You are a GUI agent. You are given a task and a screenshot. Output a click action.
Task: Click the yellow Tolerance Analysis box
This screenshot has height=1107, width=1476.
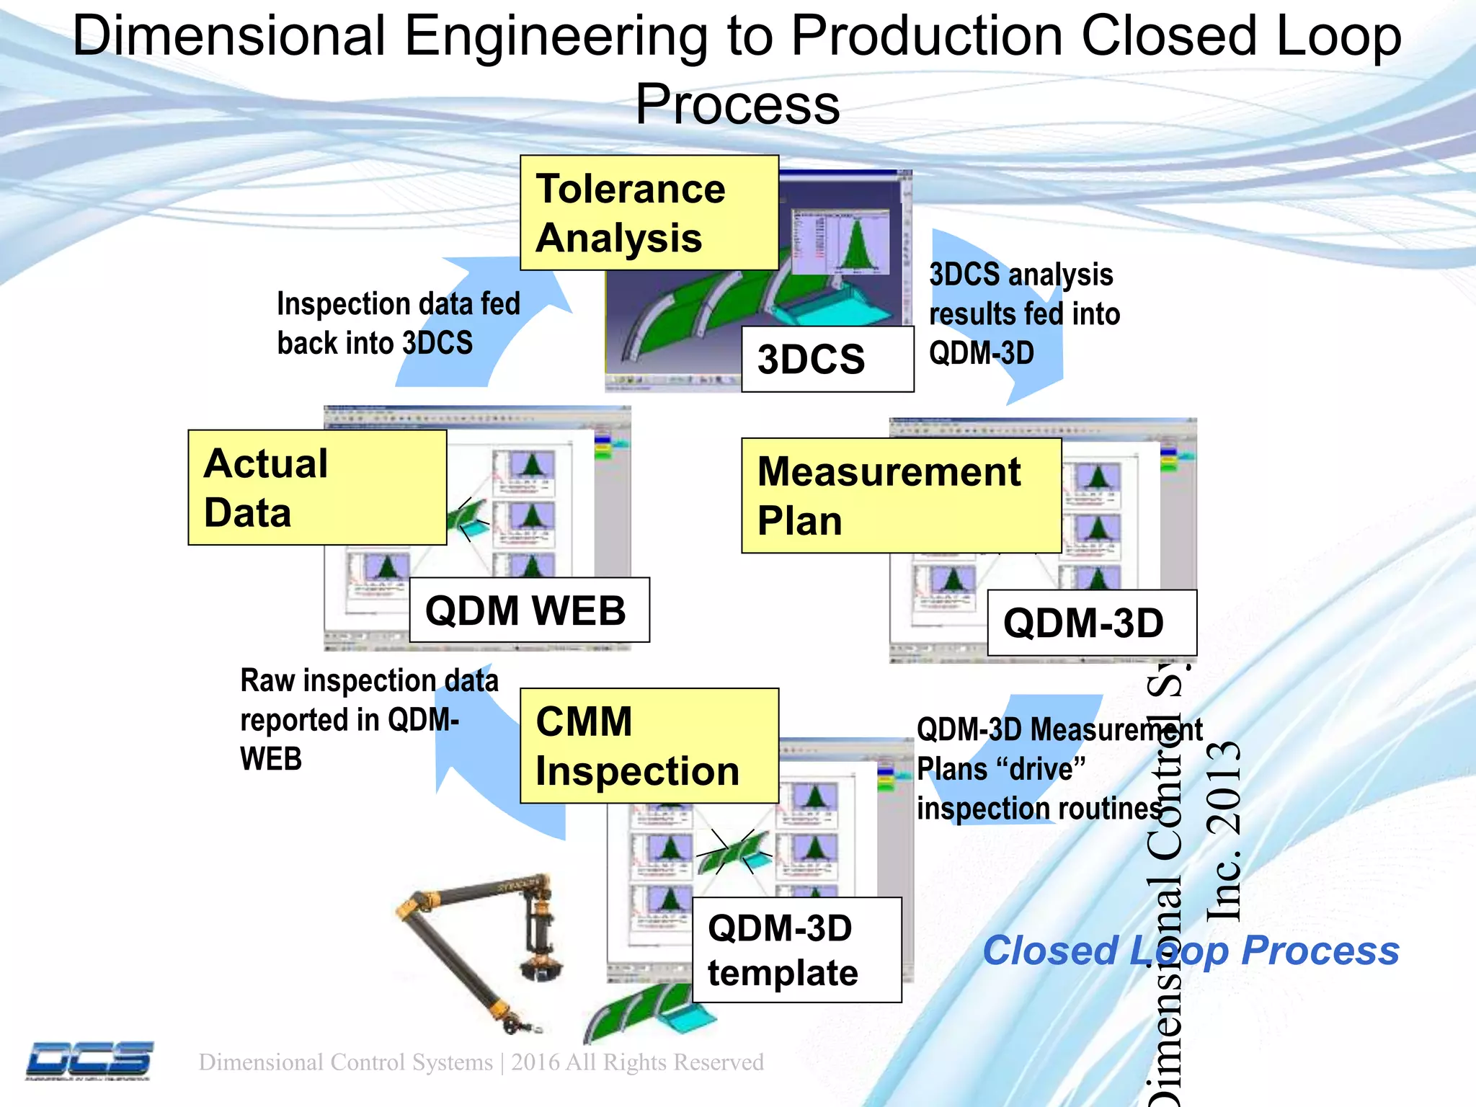[649, 213]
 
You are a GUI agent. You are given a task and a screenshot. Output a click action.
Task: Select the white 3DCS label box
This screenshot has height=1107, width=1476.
[827, 359]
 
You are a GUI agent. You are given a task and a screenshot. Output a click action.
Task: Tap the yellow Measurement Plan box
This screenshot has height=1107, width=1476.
[901, 496]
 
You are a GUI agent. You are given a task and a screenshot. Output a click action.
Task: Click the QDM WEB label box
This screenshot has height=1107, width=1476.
[528, 610]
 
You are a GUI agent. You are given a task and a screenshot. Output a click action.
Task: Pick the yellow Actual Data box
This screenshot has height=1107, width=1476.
[317, 487]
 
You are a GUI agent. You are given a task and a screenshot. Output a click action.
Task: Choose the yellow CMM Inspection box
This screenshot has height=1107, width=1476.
[649, 746]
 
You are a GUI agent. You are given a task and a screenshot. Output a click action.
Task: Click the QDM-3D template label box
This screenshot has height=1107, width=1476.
[796, 950]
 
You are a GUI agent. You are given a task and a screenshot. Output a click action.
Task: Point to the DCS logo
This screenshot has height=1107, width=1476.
[90, 1060]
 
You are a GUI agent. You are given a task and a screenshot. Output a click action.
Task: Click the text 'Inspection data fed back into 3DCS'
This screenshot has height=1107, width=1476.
[398, 323]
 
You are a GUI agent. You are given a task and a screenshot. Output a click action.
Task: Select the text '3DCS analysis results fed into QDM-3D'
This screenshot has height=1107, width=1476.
[1023, 314]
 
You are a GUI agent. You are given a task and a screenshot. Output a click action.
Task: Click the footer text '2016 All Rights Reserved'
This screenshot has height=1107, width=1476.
[637, 1062]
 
